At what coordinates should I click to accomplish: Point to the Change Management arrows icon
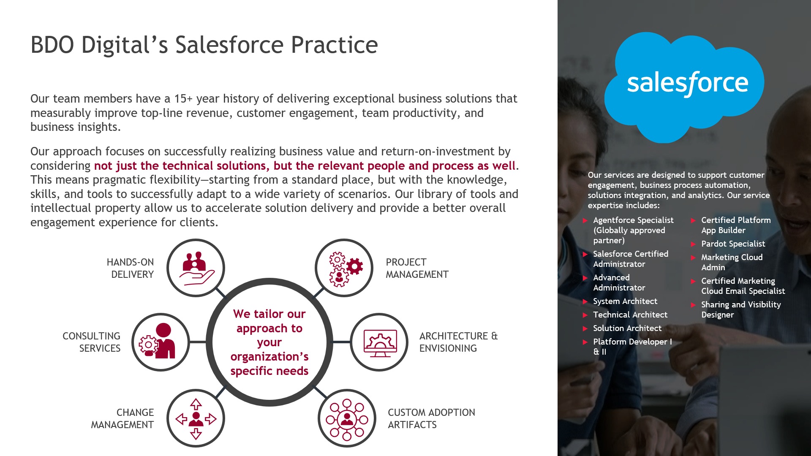coord(196,419)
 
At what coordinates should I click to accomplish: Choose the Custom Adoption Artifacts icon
coord(347,419)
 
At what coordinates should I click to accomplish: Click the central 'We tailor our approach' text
coord(269,342)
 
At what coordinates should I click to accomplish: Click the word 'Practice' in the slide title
coord(335,45)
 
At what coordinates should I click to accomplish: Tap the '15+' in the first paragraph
coord(183,99)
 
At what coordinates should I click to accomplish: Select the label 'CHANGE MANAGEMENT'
coord(122,418)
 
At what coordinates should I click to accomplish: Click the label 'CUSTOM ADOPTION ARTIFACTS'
coord(431,418)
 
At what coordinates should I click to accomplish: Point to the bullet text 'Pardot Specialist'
coord(733,244)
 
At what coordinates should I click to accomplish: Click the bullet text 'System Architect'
coord(625,301)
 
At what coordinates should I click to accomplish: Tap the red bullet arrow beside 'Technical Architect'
coord(585,315)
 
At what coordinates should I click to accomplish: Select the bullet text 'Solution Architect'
coord(627,328)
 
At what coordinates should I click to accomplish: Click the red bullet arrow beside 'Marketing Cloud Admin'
coord(693,258)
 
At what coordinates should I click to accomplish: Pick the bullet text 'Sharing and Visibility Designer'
coord(741,309)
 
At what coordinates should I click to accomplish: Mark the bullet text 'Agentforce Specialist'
coord(633,220)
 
